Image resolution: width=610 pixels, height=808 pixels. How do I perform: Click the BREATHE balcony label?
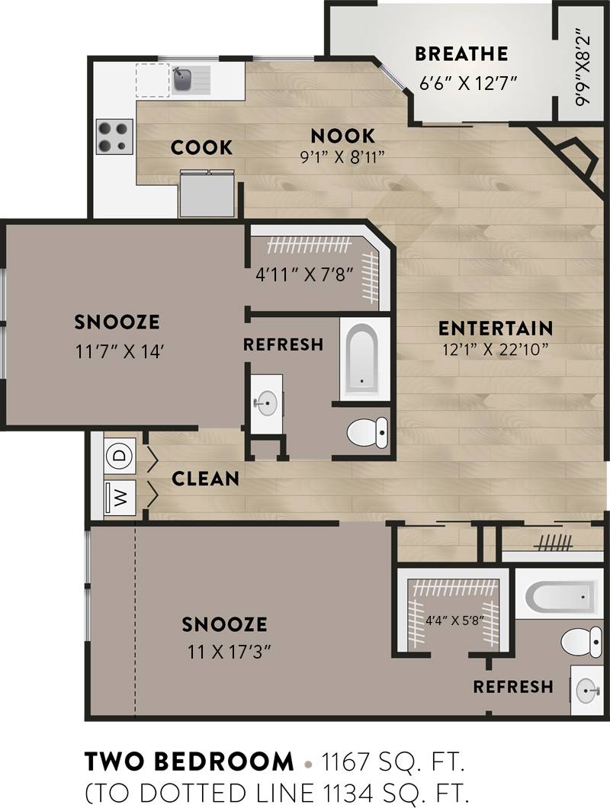tap(461, 53)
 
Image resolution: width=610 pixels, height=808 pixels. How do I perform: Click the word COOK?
tap(201, 147)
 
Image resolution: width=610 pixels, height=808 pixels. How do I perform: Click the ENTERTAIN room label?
tap(496, 328)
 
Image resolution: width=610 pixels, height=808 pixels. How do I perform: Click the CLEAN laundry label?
tap(205, 479)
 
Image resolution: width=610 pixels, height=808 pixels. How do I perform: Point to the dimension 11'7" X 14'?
tap(117, 352)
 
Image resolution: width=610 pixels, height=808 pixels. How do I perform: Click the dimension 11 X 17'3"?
tap(230, 652)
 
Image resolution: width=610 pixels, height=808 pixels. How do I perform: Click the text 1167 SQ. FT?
tap(393, 761)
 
